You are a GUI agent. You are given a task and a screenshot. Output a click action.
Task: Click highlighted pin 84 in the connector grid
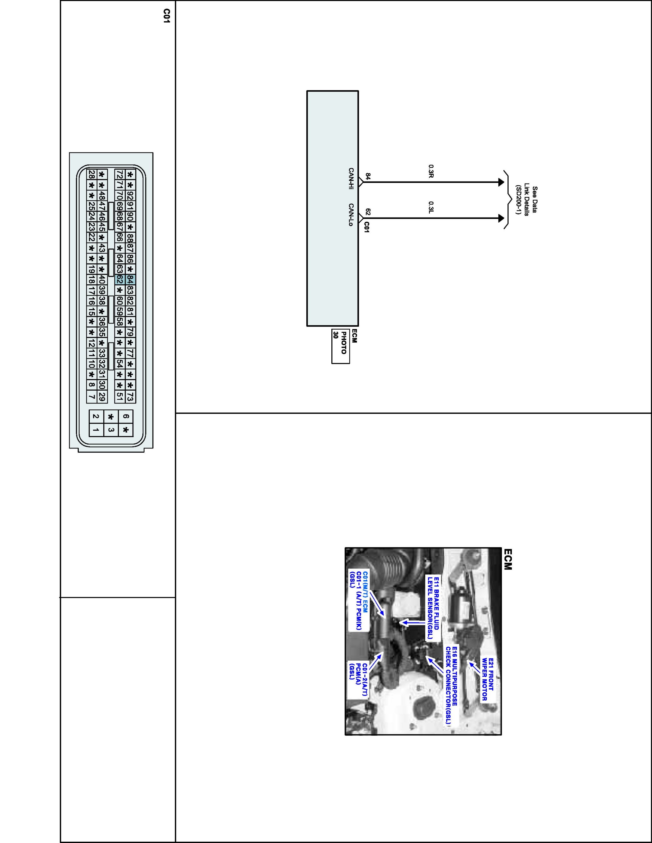130,280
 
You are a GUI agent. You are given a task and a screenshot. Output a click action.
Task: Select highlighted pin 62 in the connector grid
120,280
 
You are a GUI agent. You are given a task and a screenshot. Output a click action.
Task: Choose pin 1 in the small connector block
96,430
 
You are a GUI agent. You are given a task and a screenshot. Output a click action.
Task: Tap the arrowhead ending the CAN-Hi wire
501,182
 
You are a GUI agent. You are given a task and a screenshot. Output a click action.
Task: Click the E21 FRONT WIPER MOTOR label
487,679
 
